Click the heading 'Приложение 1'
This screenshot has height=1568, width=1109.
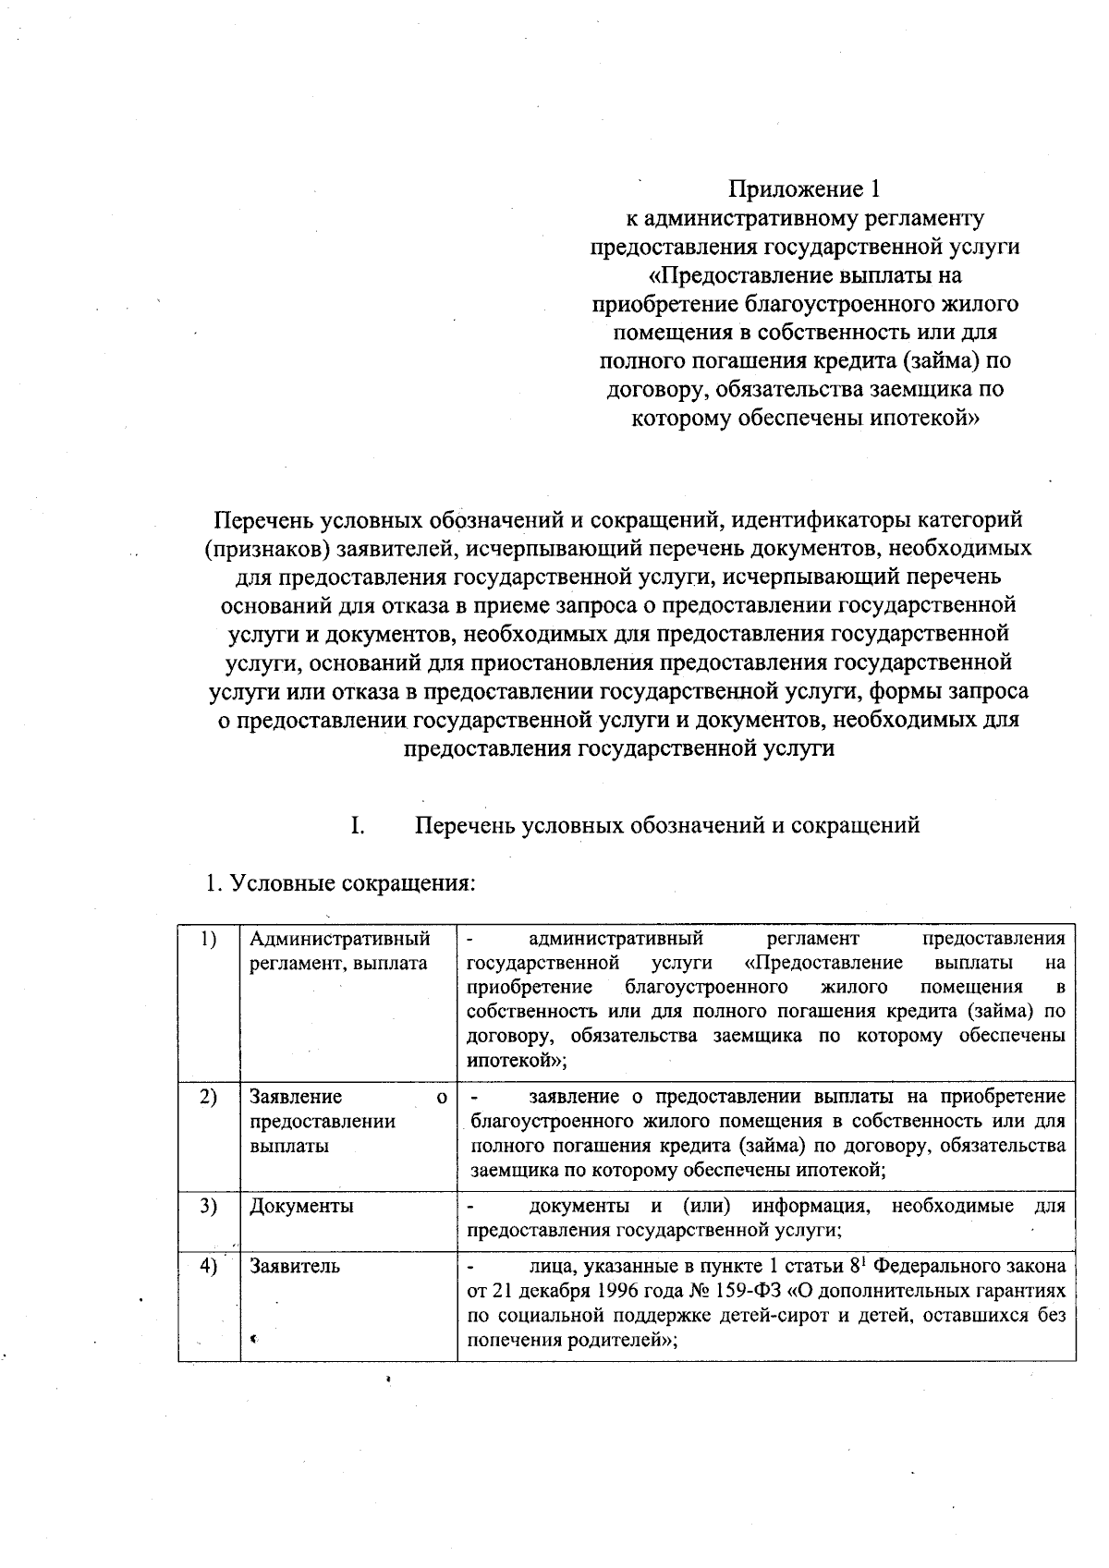click(805, 189)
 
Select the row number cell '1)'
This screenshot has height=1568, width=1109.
click(208, 939)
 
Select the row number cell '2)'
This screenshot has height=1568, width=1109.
click(208, 1097)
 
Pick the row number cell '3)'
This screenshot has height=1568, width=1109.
click(208, 1206)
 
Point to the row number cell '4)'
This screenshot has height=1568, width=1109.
click(208, 1266)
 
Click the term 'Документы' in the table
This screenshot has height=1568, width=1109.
click(301, 1207)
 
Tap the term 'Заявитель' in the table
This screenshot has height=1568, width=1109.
click(295, 1266)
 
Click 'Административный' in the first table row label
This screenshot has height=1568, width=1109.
click(340, 940)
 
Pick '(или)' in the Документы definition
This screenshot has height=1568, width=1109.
click(707, 1207)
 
